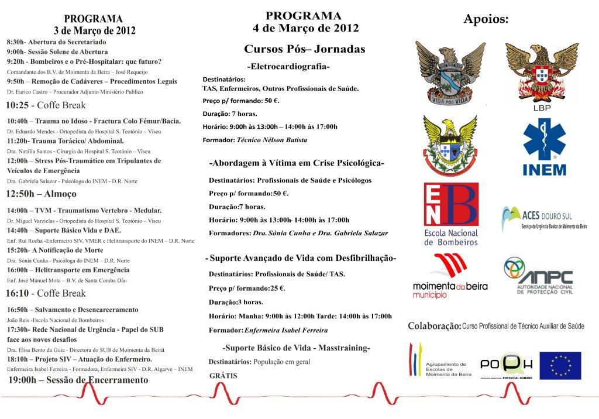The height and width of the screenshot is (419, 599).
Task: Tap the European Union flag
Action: click(560, 365)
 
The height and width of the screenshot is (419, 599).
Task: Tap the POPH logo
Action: click(506, 365)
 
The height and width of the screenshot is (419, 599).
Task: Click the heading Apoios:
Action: click(486, 19)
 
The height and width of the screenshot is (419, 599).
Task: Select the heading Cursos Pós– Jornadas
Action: click(304, 49)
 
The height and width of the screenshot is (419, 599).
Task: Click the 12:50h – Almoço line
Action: click(41, 194)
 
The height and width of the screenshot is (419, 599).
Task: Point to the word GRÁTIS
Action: click(223, 376)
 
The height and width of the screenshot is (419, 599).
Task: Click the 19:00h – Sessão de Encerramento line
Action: click(78, 380)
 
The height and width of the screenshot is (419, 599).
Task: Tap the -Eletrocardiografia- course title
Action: click(288, 67)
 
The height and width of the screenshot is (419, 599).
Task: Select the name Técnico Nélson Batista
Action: click(272, 140)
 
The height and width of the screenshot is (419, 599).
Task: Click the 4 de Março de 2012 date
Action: click(306, 28)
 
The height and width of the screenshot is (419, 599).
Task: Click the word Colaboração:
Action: click(434, 325)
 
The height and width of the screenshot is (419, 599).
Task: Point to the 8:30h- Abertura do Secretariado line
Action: click(57, 43)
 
